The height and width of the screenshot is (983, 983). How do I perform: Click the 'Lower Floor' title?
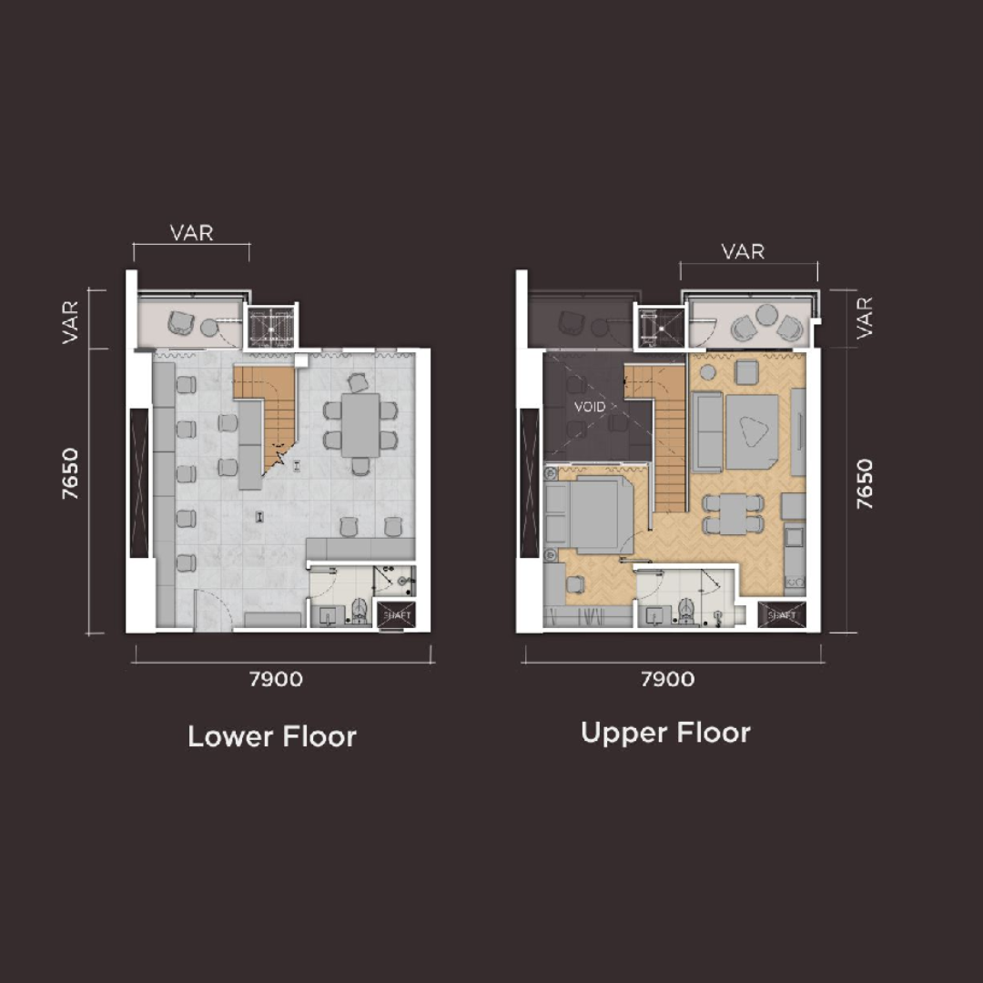[272, 736]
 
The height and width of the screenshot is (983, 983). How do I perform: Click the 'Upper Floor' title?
[665, 733]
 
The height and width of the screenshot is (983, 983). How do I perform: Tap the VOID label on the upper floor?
[590, 407]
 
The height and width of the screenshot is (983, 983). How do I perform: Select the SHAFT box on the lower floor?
[397, 615]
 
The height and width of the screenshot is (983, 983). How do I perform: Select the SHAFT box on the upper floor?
[781, 615]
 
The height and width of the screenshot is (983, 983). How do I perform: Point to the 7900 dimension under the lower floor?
[277, 679]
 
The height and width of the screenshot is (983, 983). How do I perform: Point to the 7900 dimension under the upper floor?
[668, 679]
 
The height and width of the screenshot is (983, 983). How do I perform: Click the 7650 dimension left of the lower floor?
[70, 473]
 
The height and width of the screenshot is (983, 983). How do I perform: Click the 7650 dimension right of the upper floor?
[865, 484]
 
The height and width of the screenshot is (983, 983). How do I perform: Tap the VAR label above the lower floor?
[192, 233]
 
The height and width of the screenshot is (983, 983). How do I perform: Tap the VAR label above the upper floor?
[743, 252]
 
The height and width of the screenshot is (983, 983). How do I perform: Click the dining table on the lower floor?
[360, 426]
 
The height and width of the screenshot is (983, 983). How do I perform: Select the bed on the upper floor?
[588, 514]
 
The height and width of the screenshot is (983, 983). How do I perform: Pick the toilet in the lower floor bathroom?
[359, 611]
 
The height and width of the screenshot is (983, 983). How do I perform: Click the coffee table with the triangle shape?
[753, 432]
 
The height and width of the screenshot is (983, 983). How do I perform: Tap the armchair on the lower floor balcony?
[180, 323]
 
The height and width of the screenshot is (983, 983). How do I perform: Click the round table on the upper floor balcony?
[766, 314]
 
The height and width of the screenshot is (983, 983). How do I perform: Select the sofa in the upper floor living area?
[707, 431]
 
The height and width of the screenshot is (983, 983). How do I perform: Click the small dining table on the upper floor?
[733, 514]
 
